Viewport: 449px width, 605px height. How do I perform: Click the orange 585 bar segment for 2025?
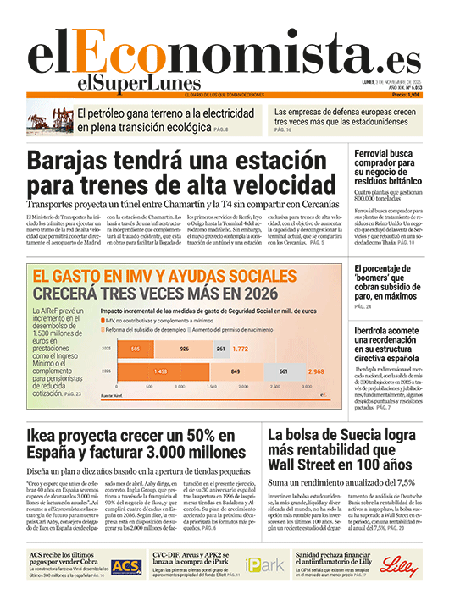coord(135,349)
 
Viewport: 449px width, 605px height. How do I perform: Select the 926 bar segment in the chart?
coord(184,349)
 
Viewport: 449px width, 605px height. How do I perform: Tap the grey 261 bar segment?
coord(220,349)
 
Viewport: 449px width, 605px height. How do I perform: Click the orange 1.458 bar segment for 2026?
coord(160,371)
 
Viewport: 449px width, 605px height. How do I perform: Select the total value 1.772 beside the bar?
coord(241,349)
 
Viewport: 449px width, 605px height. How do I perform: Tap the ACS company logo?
coord(126,566)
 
